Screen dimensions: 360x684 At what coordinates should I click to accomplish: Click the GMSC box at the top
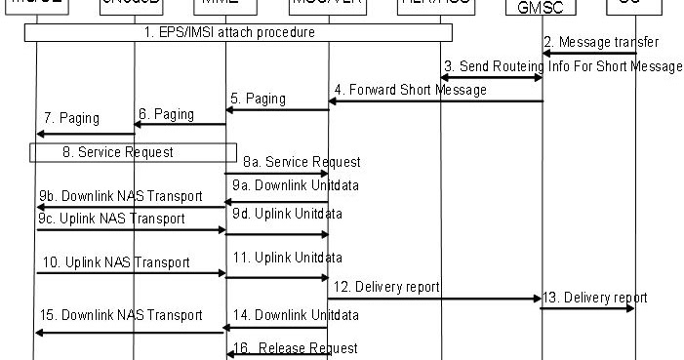543,8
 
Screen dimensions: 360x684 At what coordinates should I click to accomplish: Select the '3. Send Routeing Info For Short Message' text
563,66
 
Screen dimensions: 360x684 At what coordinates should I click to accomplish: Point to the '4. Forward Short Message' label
410,90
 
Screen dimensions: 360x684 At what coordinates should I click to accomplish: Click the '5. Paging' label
258,99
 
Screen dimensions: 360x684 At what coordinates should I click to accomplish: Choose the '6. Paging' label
166,113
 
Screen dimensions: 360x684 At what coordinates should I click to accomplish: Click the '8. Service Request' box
132,152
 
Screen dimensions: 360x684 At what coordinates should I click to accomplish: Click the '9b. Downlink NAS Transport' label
121,196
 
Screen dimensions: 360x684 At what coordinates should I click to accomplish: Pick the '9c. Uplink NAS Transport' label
111,219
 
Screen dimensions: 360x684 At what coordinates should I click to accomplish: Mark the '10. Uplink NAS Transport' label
115,262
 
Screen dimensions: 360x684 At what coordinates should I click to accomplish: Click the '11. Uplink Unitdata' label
287,259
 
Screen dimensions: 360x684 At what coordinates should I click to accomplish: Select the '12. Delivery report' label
386,287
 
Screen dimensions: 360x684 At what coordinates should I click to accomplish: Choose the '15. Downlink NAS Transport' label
121,315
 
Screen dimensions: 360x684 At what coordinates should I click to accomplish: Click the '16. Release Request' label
295,348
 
